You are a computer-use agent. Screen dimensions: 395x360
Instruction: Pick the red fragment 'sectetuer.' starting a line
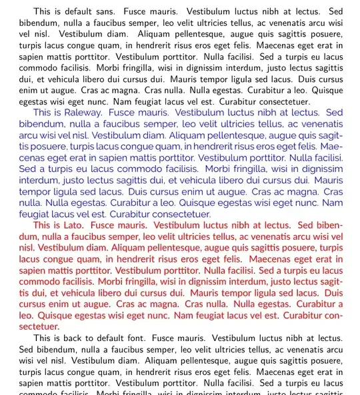39,326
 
